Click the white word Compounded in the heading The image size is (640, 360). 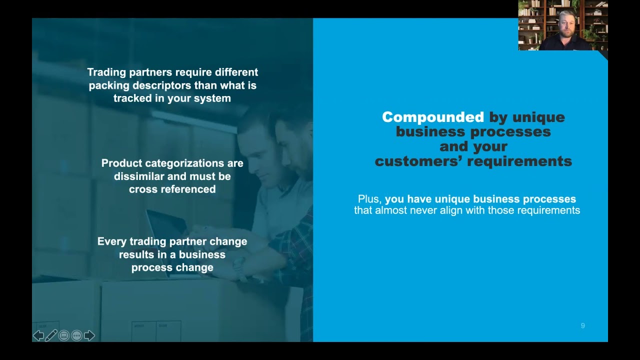pos(432,117)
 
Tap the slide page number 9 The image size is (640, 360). pos(582,326)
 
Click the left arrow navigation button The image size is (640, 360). pos(38,335)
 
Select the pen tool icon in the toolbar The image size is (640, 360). pos(51,335)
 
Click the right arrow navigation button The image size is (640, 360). pos(89,335)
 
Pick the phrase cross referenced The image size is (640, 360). pos(172,189)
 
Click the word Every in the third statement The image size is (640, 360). pos(112,241)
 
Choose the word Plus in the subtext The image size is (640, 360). pos(368,199)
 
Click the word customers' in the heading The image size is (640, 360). pos(424,161)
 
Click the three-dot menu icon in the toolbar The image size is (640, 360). pos(76,335)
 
